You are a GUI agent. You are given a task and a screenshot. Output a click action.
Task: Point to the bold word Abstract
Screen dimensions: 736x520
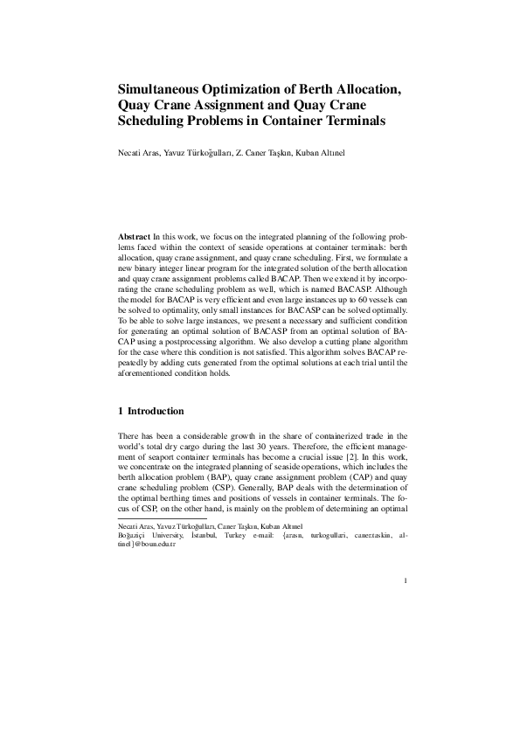tap(134, 238)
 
